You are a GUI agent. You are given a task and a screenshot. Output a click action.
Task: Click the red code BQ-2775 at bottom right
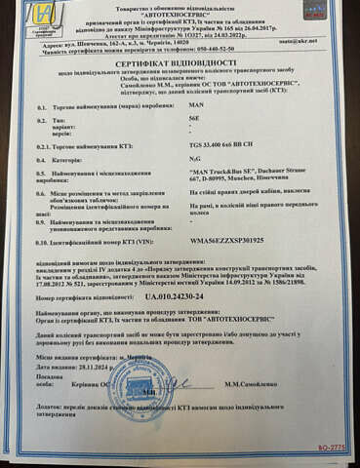pyautogui.click(x=332, y=447)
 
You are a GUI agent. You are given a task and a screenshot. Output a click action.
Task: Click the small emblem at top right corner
pyautogui.click(x=315, y=10)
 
